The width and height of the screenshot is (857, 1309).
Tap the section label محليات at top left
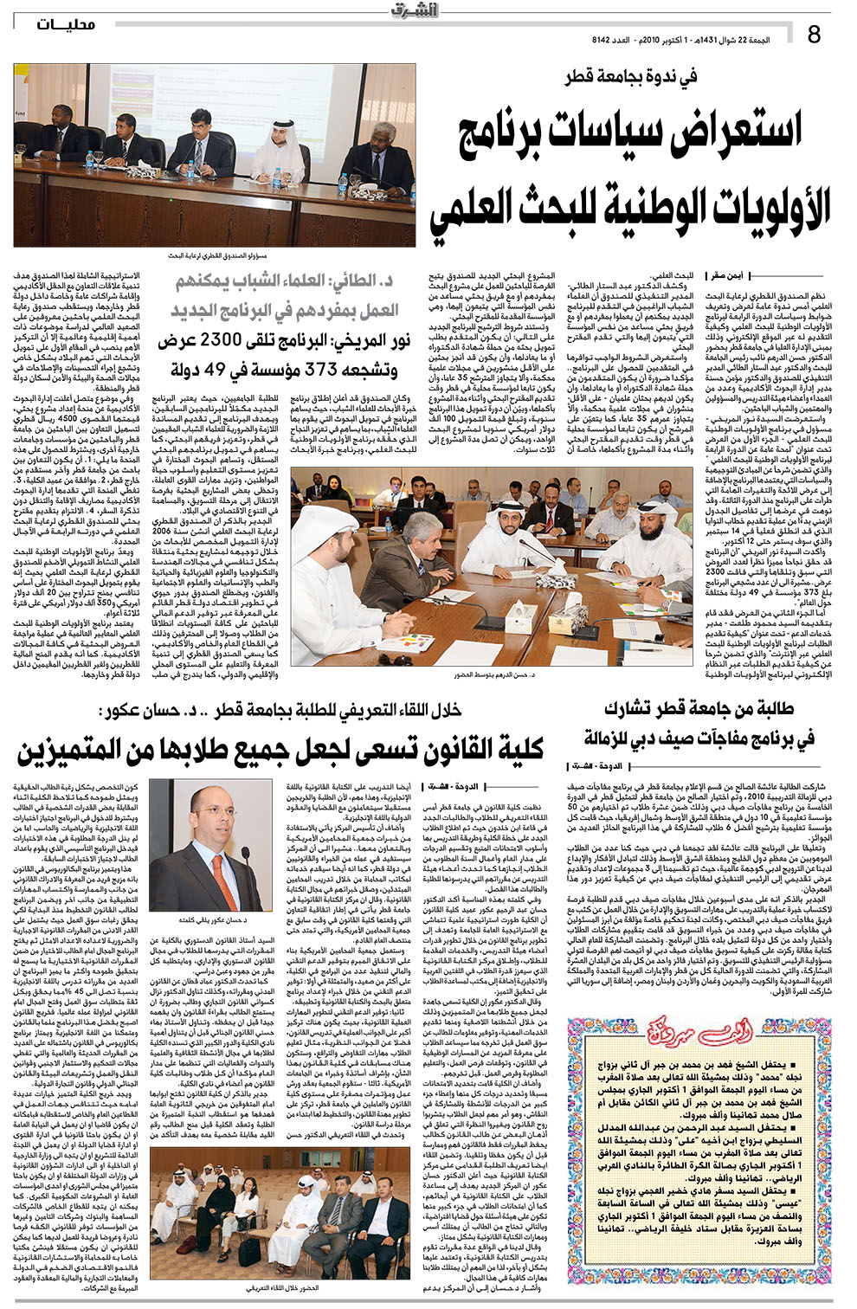pyautogui.click(x=67, y=25)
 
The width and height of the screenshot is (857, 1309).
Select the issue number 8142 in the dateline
pyautogui.click(x=600, y=40)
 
